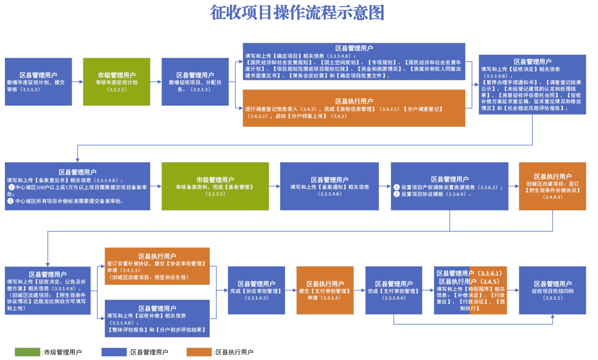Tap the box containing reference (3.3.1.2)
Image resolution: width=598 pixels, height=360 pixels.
[x=38, y=81]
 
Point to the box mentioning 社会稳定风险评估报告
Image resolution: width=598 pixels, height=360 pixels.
[x=532, y=84]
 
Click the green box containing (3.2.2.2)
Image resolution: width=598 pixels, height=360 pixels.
[x=215, y=186]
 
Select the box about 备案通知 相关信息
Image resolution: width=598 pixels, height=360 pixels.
[x=329, y=186]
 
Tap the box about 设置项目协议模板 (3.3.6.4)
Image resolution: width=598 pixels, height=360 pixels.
[x=449, y=186]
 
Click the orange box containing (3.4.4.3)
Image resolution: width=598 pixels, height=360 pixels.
[x=552, y=186]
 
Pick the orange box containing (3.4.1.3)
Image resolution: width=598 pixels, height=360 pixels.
[x=157, y=266]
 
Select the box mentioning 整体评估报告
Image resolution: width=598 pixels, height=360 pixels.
[x=157, y=318]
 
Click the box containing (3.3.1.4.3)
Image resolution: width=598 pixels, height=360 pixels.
[x=256, y=290]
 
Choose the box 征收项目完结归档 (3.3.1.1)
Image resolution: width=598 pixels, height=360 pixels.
[x=552, y=290]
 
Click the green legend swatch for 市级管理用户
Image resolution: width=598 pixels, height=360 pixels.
[x=27, y=352]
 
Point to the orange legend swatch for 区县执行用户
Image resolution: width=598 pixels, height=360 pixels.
[x=199, y=352]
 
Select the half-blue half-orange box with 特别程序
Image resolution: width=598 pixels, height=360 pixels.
[x=470, y=290]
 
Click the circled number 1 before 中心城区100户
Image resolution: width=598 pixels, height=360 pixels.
[x=11, y=187]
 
